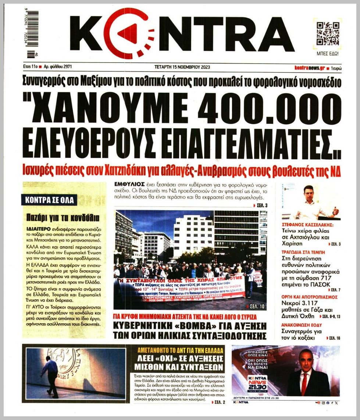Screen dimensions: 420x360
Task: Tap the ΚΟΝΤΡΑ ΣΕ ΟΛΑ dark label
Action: pyautogui.click(x=49, y=200)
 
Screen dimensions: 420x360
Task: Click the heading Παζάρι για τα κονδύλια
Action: pyautogui.click(x=60, y=217)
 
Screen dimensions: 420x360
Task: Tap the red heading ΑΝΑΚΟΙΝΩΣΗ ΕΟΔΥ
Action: pyautogui.click(x=302, y=325)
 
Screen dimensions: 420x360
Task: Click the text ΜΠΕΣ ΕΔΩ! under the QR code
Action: pyautogui.click(x=328, y=54)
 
